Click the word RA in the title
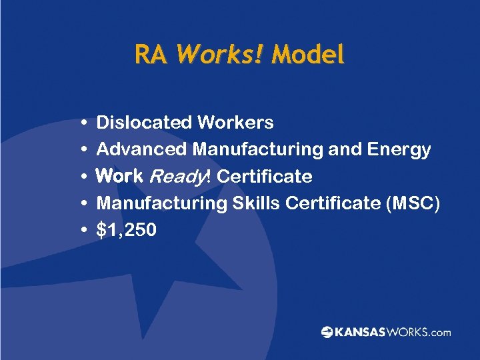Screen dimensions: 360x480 click(151, 54)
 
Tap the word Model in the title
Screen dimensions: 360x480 click(307, 54)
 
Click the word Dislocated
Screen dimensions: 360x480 click(144, 123)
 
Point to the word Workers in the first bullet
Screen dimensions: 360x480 click(235, 123)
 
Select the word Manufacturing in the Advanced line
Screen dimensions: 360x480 click(257, 149)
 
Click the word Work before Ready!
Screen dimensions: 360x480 click(120, 176)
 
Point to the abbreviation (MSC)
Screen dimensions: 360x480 click(413, 203)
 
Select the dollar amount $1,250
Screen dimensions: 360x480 click(127, 231)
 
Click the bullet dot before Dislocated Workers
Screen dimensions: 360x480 click(81, 123)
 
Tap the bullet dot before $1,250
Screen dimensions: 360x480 click(81, 231)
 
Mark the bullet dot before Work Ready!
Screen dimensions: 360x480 click(81, 177)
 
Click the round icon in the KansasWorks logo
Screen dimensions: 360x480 click(327, 332)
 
